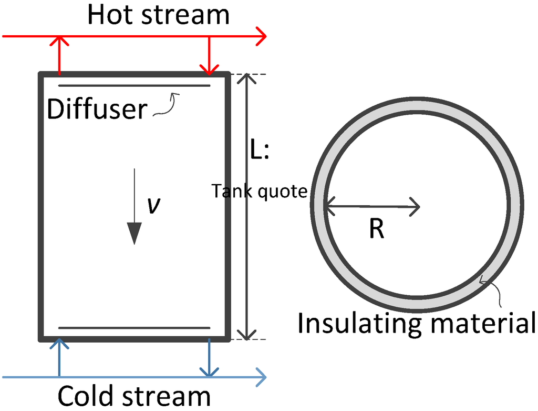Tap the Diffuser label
pyautogui.click(x=97, y=109)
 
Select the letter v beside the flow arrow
pyautogui.click(x=153, y=206)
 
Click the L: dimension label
pyautogui.click(x=259, y=151)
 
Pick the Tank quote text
pyautogui.click(x=259, y=191)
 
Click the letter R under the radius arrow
pyautogui.click(x=376, y=229)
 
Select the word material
pyautogui.click(x=480, y=323)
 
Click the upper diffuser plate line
pyautogui.click(x=134, y=85)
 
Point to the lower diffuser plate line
pyautogui.click(x=134, y=328)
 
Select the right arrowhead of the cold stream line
pyautogui.click(x=262, y=377)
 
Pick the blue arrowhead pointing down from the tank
pyautogui.click(x=209, y=372)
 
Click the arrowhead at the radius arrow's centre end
pyautogui.click(x=416, y=206)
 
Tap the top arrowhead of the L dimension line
pyautogui.click(x=246, y=79)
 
